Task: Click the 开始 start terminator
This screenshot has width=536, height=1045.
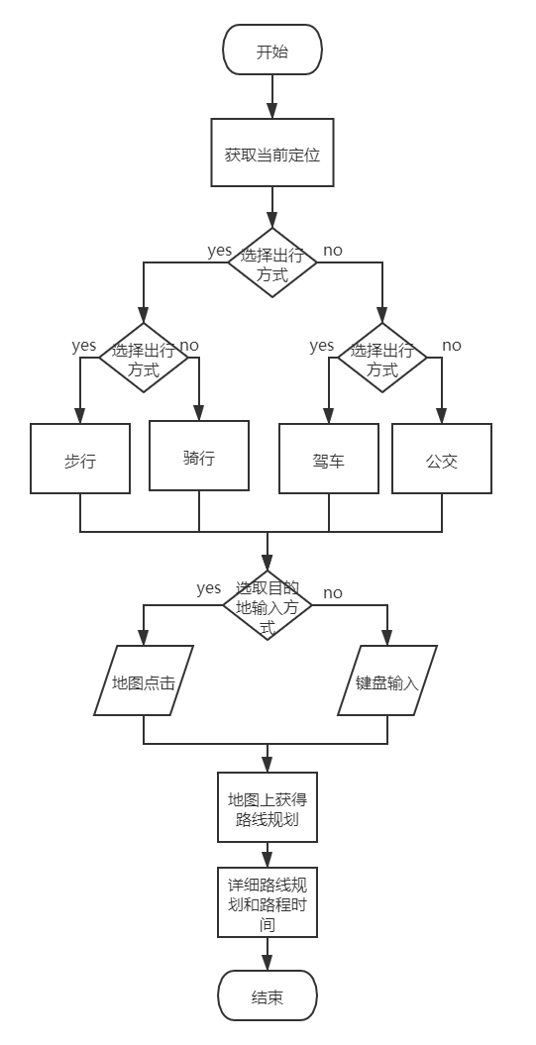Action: pyautogui.click(x=272, y=50)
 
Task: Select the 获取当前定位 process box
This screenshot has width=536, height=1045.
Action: pyautogui.click(x=272, y=153)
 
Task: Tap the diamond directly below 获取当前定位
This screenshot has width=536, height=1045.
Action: pyautogui.click(x=272, y=262)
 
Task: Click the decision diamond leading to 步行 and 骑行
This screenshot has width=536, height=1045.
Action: pyautogui.click(x=144, y=358)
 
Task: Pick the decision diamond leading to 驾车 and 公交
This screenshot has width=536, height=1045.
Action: pyautogui.click(x=382, y=358)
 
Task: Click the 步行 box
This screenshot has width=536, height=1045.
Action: pyautogui.click(x=80, y=459)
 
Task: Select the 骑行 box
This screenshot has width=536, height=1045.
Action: pyautogui.click(x=199, y=456)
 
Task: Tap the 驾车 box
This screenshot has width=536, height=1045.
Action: pyautogui.click(x=329, y=459)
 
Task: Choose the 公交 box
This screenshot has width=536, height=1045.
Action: pyautogui.click(x=441, y=459)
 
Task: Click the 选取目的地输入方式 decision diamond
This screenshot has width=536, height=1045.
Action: pyautogui.click(x=268, y=605)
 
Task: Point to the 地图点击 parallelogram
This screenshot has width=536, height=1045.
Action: pyautogui.click(x=144, y=680)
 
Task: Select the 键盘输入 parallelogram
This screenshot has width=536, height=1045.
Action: pyautogui.click(x=387, y=680)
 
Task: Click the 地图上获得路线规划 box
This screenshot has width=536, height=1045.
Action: pyautogui.click(x=268, y=807)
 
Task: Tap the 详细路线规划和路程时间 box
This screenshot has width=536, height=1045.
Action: pyautogui.click(x=268, y=902)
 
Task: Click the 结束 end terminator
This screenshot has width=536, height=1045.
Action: pyautogui.click(x=268, y=995)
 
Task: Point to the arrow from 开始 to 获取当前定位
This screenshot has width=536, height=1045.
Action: pyautogui.click(x=272, y=97)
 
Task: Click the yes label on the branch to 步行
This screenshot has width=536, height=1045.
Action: pyautogui.click(x=84, y=346)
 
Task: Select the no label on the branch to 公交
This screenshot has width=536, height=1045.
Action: pyautogui.click(x=452, y=346)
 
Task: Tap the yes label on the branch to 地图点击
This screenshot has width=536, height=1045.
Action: pyautogui.click(x=209, y=588)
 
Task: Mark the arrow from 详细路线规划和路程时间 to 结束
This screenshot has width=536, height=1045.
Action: pyautogui.click(x=268, y=954)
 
